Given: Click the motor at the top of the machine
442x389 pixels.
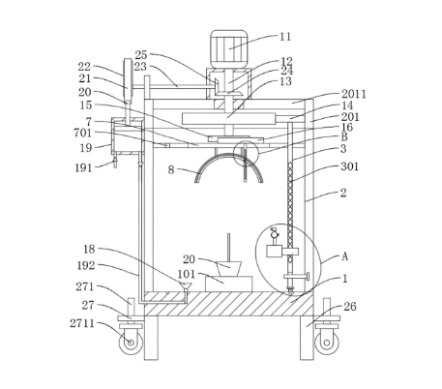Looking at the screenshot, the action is pyautogui.click(x=229, y=49).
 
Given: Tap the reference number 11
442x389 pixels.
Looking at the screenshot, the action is pyautogui.click(x=285, y=37).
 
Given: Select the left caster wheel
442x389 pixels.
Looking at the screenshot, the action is pyautogui.click(x=131, y=343).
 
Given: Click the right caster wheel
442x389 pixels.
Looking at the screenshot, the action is pyautogui.click(x=327, y=343).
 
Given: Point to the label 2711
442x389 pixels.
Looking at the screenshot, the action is pyautogui.click(x=82, y=323).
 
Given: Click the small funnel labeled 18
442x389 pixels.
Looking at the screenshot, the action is pyautogui.click(x=186, y=286).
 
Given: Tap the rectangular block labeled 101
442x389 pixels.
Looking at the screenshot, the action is pyautogui.click(x=229, y=284).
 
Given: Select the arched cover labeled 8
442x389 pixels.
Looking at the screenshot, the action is pyautogui.click(x=229, y=158).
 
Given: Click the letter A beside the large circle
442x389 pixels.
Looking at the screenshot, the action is pyautogui.click(x=344, y=256).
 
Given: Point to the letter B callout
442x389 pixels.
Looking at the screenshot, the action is pyautogui.click(x=344, y=137).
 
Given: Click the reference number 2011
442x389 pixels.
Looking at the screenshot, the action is pyautogui.click(x=354, y=94).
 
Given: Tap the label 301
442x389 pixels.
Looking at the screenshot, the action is pyautogui.click(x=350, y=166).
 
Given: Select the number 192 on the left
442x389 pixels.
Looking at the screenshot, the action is pyautogui.click(x=86, y=266).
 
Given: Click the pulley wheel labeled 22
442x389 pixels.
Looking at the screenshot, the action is pyautogui.click(x=128, y=80).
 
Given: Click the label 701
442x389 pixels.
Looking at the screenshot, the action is pyautogui.click(x=83, y=133).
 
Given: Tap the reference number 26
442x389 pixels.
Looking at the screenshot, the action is pyautogui.click(x=350, y=307).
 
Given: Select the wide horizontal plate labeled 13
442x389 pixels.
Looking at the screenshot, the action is pyautogui.click(x=229, y=118).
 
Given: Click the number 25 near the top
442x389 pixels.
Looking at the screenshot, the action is pyautogui.click(x=141, y=55).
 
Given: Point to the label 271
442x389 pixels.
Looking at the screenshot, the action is pyautogui.click(x=85, y=286).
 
